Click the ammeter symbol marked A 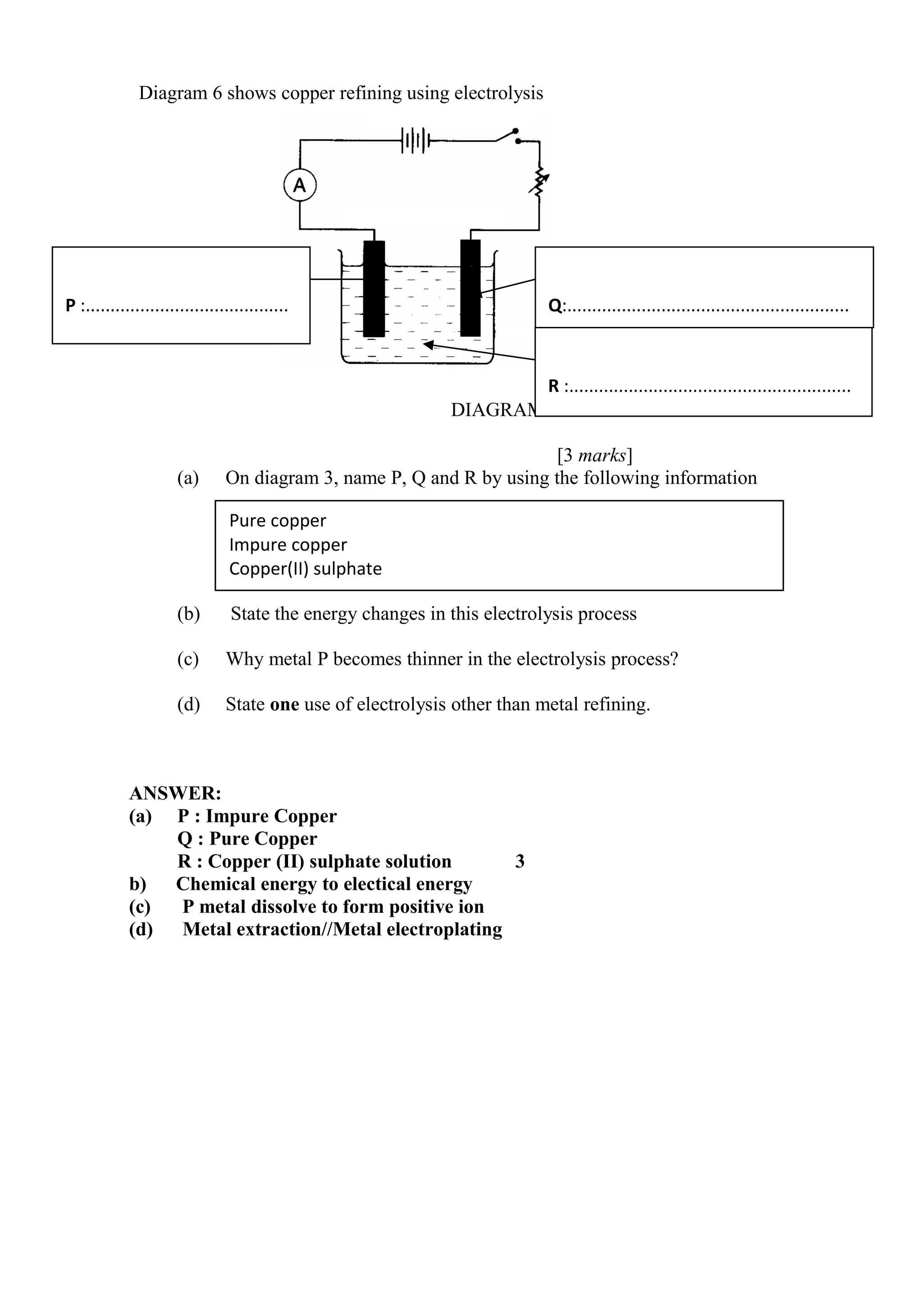click(x=300, y=185)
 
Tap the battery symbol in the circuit click(x=416, y=140)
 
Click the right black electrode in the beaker click(x=470, y=288)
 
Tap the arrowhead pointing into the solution click(x=429, y=344)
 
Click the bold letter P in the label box click(x=70, y=306)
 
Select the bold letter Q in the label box click(x=555, y=307)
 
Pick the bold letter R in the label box click(x=553, y=386)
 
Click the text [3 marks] click(x=595, y=455)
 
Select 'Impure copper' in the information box click(x=288, y=545)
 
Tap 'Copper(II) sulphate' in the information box click(x=305, y=569)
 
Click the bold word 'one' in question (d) click(x=284, y=704)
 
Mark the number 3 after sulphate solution click(x=520, y=861)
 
